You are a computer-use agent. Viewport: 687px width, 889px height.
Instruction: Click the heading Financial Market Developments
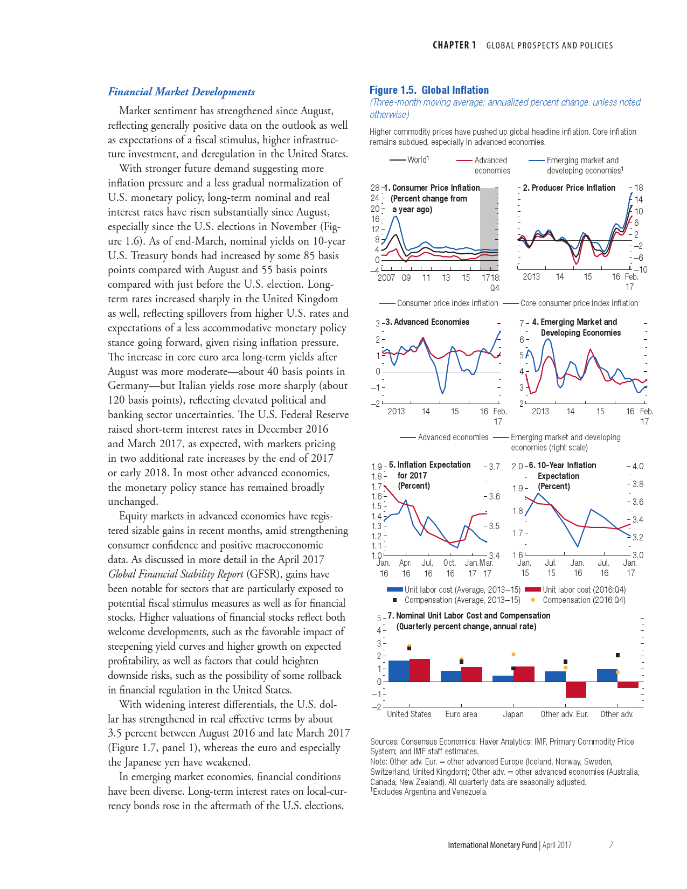click(181, 92)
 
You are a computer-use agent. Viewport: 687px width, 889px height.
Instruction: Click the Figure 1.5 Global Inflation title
click(429, 90)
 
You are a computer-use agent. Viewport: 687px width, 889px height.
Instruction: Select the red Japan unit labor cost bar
click(524, 674)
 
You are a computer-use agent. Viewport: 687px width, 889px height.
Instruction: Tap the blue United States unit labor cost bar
click(399, 671)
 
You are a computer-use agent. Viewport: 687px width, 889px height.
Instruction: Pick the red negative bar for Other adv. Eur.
click(576, 690)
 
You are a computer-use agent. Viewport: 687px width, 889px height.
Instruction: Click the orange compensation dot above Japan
click(513, 654)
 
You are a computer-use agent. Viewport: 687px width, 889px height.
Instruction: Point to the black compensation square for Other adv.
click(617, 655)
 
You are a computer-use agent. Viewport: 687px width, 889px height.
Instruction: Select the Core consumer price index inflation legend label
click(579, 303)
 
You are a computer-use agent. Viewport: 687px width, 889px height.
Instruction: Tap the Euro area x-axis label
click(461, 714)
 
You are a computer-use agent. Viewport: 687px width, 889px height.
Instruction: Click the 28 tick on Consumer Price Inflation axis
click(375, 187)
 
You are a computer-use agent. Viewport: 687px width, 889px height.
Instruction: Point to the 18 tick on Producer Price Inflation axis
click(639, 188)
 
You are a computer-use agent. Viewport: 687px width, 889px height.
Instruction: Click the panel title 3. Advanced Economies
click(427, 322)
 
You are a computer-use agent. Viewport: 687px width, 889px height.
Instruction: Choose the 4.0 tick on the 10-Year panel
click(637, 467)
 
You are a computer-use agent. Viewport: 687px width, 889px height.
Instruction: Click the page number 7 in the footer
click(611, 845)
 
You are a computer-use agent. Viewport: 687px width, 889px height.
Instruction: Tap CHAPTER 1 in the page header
click(454, 45)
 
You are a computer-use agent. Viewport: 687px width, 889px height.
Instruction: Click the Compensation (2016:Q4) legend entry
click(584, 600)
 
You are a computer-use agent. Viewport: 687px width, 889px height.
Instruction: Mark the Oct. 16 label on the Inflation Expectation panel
click(450, 568)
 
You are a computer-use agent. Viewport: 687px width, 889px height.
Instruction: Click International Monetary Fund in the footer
click(492, 845)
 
